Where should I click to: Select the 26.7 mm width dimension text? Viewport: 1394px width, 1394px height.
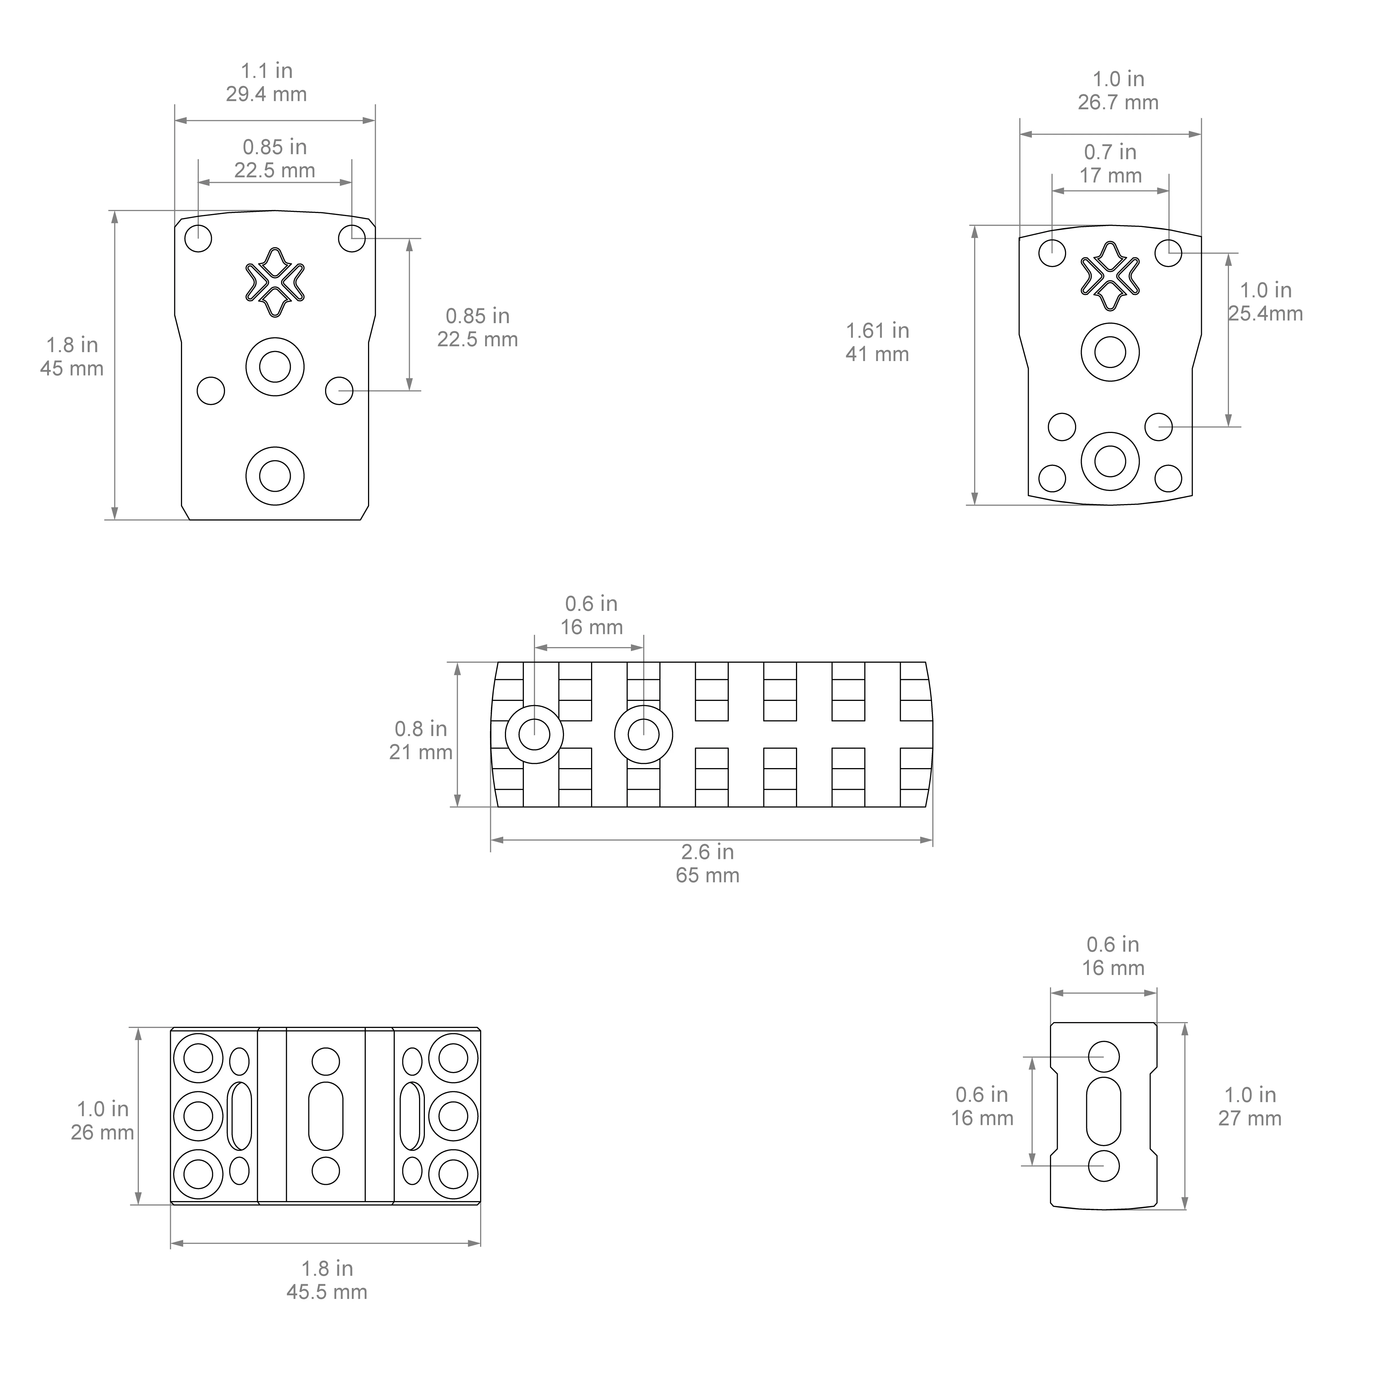click(x=1118, y=102)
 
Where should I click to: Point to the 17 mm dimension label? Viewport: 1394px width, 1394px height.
click(x=1110, y=175)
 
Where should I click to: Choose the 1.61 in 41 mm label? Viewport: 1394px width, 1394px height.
click(x=877, y=342)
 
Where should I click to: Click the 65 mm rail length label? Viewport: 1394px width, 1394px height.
click(x=707, y=875)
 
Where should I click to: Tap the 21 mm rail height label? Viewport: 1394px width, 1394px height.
click(x=421, y=752)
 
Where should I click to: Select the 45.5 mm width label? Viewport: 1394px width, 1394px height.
click(x=327, y=1292)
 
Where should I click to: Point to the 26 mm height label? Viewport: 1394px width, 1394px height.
click(x=102, y=1132)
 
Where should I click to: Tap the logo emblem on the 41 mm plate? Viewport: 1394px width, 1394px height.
click(x=1110, y=276)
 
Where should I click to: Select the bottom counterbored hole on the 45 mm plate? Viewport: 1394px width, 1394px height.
click(x=275, y=476)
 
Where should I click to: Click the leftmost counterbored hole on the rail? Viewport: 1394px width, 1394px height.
click(x=534, y=735)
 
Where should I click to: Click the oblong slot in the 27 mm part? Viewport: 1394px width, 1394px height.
click(x=1103, y=1111)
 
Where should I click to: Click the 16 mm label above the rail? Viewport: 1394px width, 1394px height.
click(x=592, y=627)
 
